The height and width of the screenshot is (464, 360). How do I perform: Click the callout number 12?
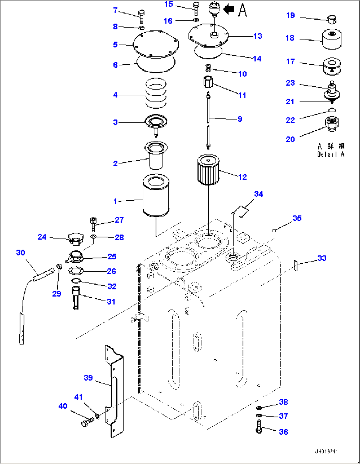pyautogui.click(x=242, y=177)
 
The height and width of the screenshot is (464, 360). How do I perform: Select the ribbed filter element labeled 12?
pyautogui.click(x=208, y=170)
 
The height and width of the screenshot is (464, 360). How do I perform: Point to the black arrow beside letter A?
pyautogui.click(x=229, y=10)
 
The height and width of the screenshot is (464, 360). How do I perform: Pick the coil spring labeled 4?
pyautogui.click(x=156, y=93)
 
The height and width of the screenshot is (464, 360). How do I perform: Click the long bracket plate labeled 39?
pyautogui.click(x=114, y=391)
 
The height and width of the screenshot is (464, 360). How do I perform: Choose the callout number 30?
pyautogui.click(x=20, y=253)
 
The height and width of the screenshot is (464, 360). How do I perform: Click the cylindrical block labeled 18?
pyautogui.click(x=332, y=39)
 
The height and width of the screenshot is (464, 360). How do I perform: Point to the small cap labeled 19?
pyautogui.click(x=332, y=19)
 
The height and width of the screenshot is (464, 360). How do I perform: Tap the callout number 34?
pyautogui.click(x=258, y=194)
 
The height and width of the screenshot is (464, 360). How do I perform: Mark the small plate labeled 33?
pyautogui.click(x=296, y=266)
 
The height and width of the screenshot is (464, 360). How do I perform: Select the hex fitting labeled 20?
pyautogui.click(x=332, y=124)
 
